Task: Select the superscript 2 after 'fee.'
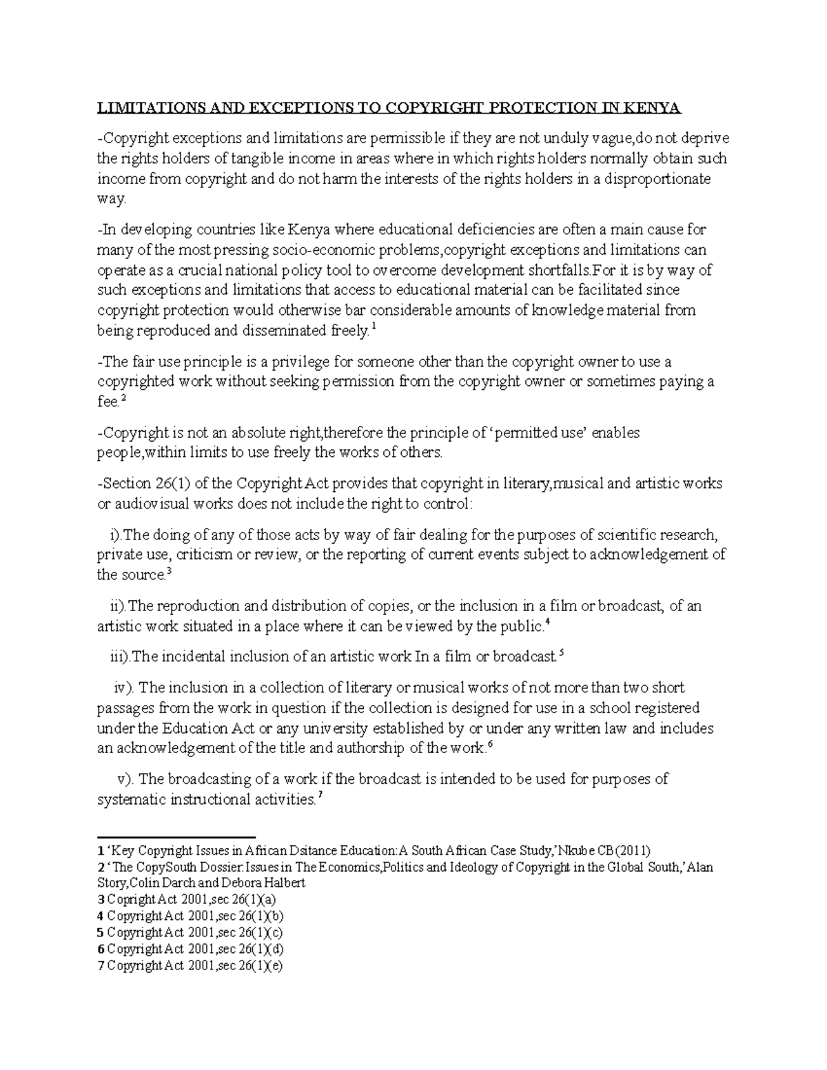pos(123,399)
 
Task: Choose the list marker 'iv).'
pos(126,688)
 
